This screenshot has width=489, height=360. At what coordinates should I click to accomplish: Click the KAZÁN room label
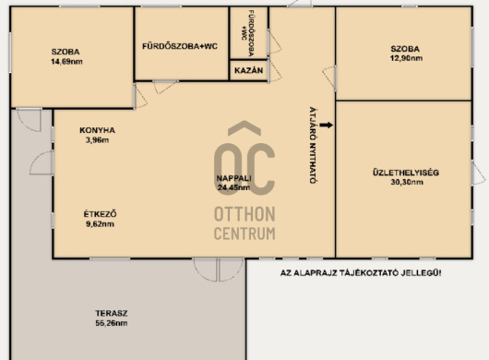coord(248,70)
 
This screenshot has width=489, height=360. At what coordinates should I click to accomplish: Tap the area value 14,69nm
coord(66,62)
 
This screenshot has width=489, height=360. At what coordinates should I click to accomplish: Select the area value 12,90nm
coord(407,58)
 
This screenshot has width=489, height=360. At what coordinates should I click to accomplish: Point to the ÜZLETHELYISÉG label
coord(406,173)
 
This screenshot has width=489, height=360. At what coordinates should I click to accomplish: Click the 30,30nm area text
coord(407,182)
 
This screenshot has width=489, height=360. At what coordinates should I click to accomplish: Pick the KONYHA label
coord(97,130)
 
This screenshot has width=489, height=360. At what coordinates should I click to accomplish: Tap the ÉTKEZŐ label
coord(101,214)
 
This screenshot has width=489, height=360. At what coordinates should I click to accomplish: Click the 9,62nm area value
coord(101,223)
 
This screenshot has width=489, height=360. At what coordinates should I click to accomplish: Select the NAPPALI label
coord(234,178)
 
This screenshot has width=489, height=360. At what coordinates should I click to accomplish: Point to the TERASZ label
coord(112,313)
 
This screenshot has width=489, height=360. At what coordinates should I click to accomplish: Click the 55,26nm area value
coord(112,323)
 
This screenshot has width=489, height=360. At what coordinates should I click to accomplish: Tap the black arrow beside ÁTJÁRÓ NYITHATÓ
coord(327,126)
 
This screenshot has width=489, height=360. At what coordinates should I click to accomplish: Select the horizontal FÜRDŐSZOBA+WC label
coord(180,46)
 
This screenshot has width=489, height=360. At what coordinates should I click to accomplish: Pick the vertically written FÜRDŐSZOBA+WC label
coord(248,33)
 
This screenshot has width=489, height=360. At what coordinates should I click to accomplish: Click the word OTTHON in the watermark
coord(244,214)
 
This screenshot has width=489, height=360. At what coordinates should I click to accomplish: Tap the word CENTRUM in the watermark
coord(244,234)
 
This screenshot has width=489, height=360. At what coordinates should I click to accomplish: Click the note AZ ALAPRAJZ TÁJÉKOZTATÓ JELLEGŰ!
coord(361,273)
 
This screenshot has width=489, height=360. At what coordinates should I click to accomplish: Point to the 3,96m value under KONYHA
coord(97,139)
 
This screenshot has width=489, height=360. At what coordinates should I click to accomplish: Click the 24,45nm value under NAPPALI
coord(234,187)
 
